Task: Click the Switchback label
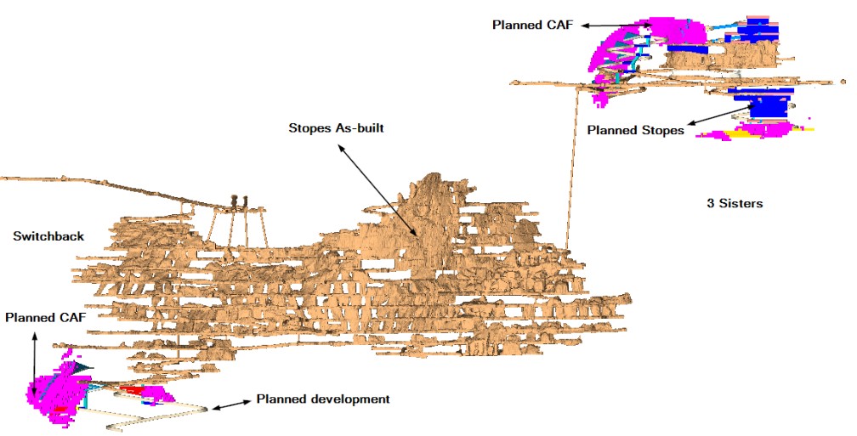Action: click(x=48, y=236)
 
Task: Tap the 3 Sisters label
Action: click(x=735, y=203)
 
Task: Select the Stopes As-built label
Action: click(x=336, y=128)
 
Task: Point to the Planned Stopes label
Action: click(x=636, y=131)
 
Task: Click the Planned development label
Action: click(x=323, y=399)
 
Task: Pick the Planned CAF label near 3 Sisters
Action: click(x=532, y=25)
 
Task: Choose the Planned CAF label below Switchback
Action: click(x=45, y=318)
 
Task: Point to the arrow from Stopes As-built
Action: click(x=377, y=190)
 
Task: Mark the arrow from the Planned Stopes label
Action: click(x=723, y=114)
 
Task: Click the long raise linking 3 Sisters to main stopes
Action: click(x=572, y=167)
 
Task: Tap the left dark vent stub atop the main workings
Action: click(x=235, y=201)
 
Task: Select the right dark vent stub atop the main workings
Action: click(x=244, y=201)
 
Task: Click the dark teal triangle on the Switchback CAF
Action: click(x=83, y=368)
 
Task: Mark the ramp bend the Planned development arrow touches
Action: click(x=204, y=407)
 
